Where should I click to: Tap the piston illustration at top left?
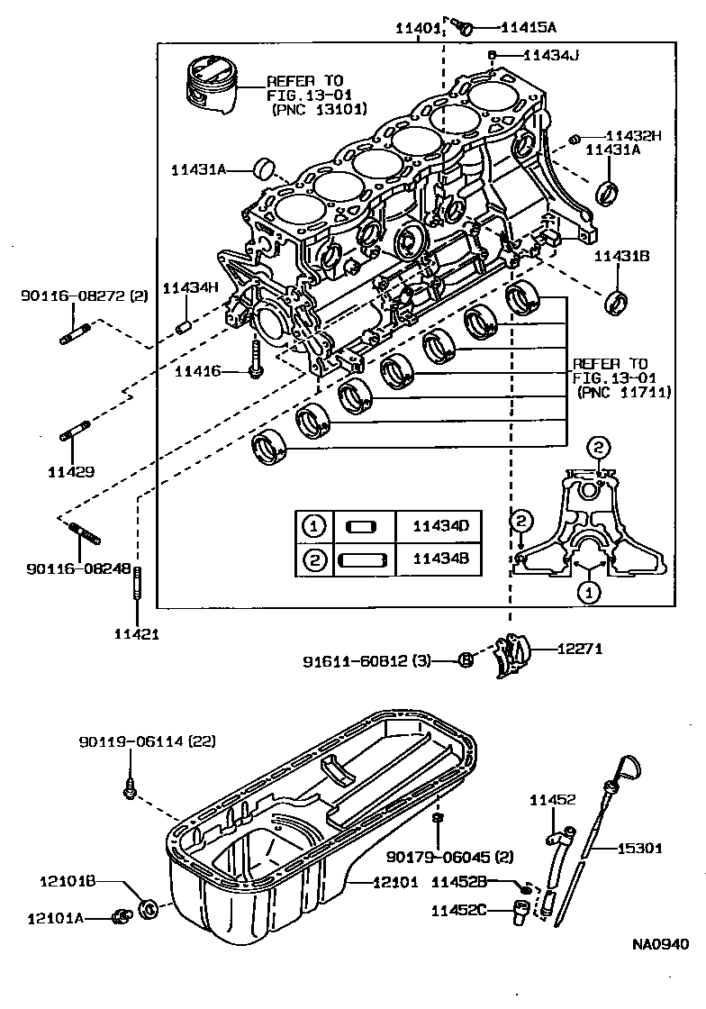tap(213, 86)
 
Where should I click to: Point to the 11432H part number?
tap(633, 136)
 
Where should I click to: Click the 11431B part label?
tap(621, 257)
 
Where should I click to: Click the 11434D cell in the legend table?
tap(441, 526)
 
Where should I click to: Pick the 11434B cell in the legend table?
tap(441, 559)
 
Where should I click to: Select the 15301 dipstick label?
tap(639, 848)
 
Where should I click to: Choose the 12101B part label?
tap(67, 881)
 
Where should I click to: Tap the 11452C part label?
tap(459, 910)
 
